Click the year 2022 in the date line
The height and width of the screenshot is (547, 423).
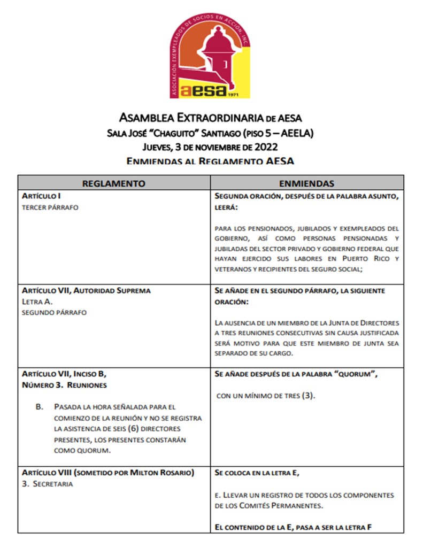point(266,147)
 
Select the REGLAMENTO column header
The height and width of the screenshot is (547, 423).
point(113,183)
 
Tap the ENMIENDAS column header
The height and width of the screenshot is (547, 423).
point(306,183)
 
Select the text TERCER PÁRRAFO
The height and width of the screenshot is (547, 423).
point(50,207)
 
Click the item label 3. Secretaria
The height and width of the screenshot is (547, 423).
point(47,484)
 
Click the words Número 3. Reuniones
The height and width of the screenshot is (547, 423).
point(64,385)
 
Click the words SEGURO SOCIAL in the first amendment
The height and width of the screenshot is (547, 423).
point(338,269)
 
